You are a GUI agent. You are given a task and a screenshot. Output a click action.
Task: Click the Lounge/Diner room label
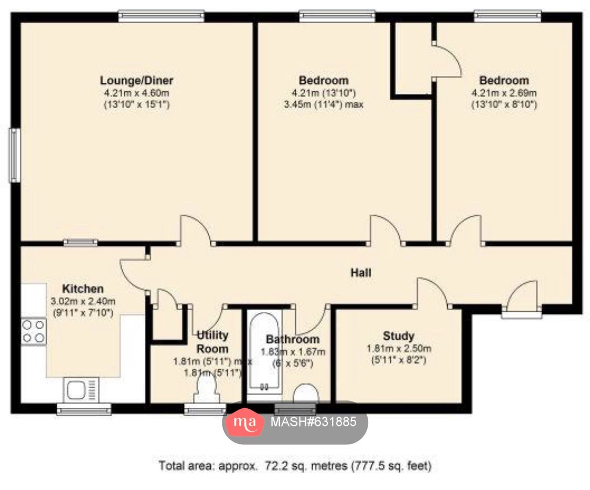[136, 81]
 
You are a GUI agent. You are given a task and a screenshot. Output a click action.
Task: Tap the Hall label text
[361, 273]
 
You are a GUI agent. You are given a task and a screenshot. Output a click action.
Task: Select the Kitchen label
[83, 289]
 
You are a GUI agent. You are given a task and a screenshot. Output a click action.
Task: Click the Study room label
[398, 336]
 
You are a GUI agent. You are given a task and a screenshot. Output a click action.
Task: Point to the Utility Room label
[212, 342]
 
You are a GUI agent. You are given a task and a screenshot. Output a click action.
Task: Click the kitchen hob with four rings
[33, 331]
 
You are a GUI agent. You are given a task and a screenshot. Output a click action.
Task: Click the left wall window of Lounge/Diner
[15, 155]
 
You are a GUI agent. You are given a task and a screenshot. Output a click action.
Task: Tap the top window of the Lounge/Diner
[161, 16]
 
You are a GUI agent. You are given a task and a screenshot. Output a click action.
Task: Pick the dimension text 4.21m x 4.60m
[136, 93]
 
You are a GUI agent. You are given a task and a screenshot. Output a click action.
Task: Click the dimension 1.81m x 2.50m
[398, 349]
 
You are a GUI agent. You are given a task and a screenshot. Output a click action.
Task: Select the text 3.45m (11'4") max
[324, 104]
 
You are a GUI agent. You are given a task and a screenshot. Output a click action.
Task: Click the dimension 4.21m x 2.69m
[503, 93]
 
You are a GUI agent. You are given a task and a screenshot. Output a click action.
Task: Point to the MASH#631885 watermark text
[313, 421]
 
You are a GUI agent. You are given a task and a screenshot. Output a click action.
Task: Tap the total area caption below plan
[295, 465]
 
